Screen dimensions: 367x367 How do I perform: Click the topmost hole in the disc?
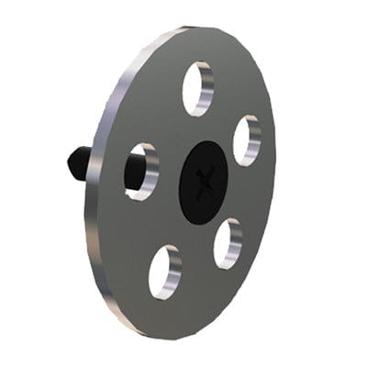point(197,88)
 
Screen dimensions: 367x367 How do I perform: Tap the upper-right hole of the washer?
point(246,140)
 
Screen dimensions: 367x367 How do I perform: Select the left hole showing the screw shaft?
point(141,171)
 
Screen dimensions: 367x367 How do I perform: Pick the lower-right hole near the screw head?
point(227,243)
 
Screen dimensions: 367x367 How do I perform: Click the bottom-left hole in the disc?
point(165,272)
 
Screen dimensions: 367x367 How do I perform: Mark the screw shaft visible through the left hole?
point(136,172)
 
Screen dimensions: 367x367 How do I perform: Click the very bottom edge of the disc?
point(183,336)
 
